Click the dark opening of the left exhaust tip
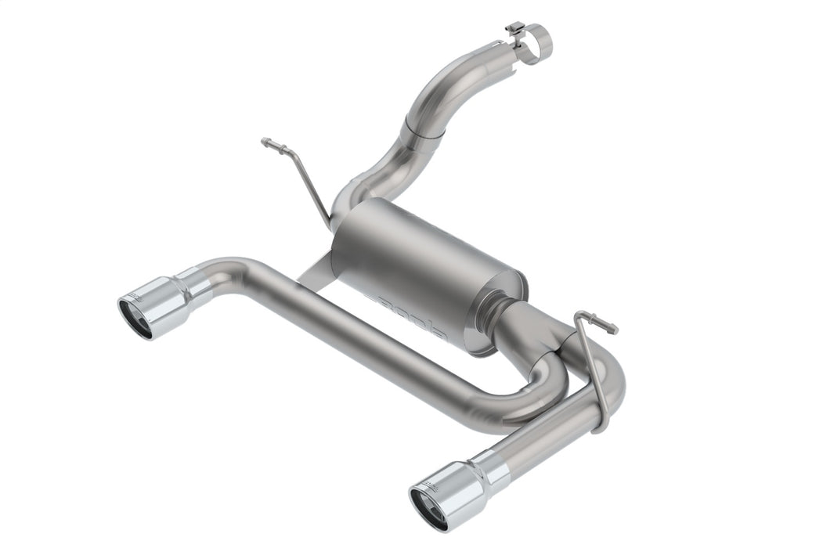pyautogui.click(x=135, y=319)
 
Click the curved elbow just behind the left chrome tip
pyautogui.click(x=231, y=274)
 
